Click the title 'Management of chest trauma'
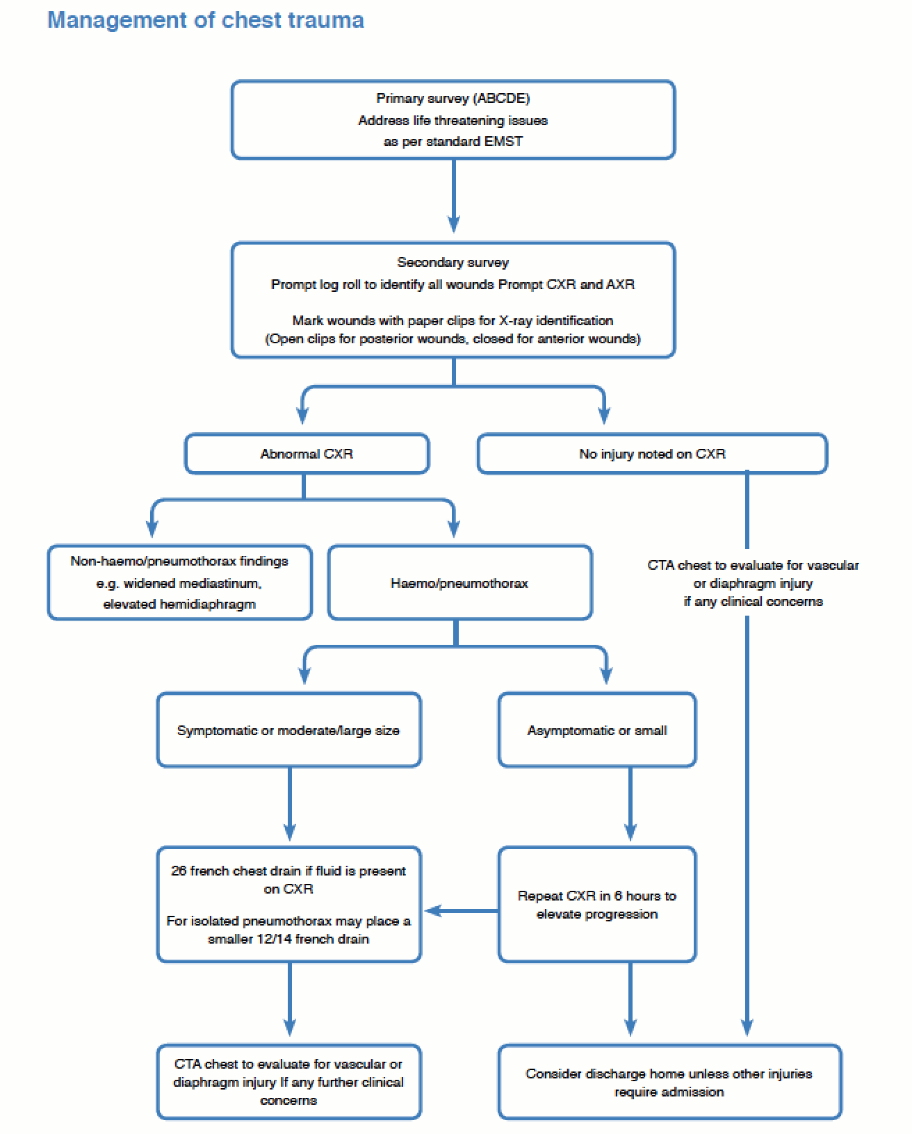(206, 20)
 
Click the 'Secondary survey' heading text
(453, 262)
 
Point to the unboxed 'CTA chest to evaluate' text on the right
(753, 583)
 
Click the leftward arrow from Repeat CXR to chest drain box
(462, 910)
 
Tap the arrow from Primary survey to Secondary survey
(453, 195)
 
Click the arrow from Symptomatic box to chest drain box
(289, 804)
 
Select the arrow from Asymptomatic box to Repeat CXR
(630, 804)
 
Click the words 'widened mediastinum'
(192, 584)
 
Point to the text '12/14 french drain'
(313, 939)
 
